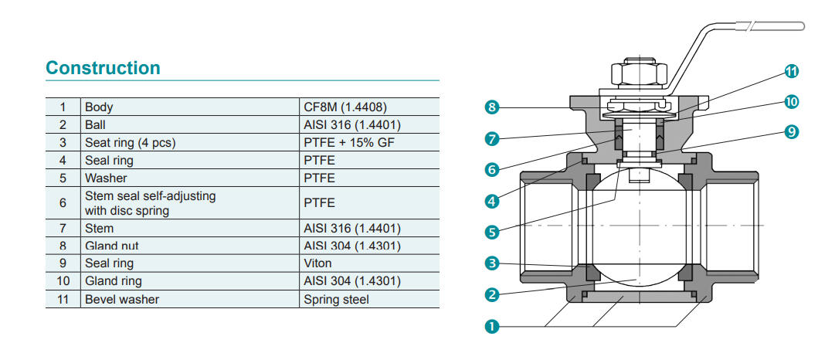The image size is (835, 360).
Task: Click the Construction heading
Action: click(x=103, y=68)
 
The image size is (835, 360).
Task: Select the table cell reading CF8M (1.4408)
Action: click(x=345, y=107)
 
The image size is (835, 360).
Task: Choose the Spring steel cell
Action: click(x=336, y=299)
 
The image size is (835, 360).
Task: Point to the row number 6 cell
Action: click(x=63, y=203)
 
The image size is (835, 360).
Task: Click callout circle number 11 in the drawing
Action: click(x=791, y=72)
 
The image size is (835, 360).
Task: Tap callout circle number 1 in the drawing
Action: click(x=491, y=326)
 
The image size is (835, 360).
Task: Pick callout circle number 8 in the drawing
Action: click(x=491, y=107)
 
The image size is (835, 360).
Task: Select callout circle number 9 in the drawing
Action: click(x=791, y=132)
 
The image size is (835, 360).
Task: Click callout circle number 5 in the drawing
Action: click(x=491, y=230)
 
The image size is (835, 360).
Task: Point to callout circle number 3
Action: click(x=491, y=263)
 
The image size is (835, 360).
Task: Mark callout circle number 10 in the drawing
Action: click(x=791, y=101)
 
